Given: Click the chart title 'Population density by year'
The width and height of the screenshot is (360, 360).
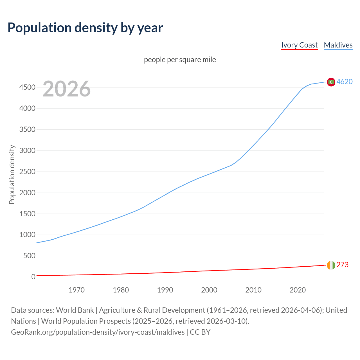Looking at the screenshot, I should pos(85,28).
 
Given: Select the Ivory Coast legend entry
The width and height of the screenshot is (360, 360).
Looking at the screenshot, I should pos(299,45).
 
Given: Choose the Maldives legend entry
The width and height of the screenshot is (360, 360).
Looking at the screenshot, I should pos(338,45).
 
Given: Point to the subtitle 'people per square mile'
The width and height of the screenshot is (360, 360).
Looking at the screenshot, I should pos(180,60).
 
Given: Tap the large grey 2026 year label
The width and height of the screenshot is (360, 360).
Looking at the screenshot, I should pos(67,89).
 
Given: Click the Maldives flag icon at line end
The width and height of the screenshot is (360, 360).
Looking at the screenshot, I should pos(331,82).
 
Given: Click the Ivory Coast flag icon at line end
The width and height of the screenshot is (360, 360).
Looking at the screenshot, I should pos(331,265).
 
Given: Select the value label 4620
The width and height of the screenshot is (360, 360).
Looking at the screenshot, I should pos(345,82).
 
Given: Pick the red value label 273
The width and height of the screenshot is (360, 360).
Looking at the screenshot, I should pos(342,265).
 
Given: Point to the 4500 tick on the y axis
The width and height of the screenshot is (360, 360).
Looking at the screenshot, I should pos(27,87).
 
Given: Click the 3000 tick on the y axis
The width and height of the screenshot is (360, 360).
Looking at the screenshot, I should pos(27,150).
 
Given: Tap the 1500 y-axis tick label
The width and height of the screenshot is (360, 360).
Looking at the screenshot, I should pos(27,214).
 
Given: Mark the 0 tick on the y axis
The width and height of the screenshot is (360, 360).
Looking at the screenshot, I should pos(33,277).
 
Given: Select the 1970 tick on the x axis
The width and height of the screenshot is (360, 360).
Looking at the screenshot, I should pos(76,290).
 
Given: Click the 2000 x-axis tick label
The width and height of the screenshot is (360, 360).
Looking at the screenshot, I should pos(209,290).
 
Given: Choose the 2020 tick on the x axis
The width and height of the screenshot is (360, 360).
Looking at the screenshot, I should pos(298,290).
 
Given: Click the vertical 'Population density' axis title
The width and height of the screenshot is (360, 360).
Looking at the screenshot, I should pos(12,174).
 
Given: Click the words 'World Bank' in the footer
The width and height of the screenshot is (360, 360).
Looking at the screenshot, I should pos(75,310).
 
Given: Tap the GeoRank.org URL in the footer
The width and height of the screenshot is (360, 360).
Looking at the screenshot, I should pos(98,332).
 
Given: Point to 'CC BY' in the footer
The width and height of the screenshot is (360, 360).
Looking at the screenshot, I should pos(200,332).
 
